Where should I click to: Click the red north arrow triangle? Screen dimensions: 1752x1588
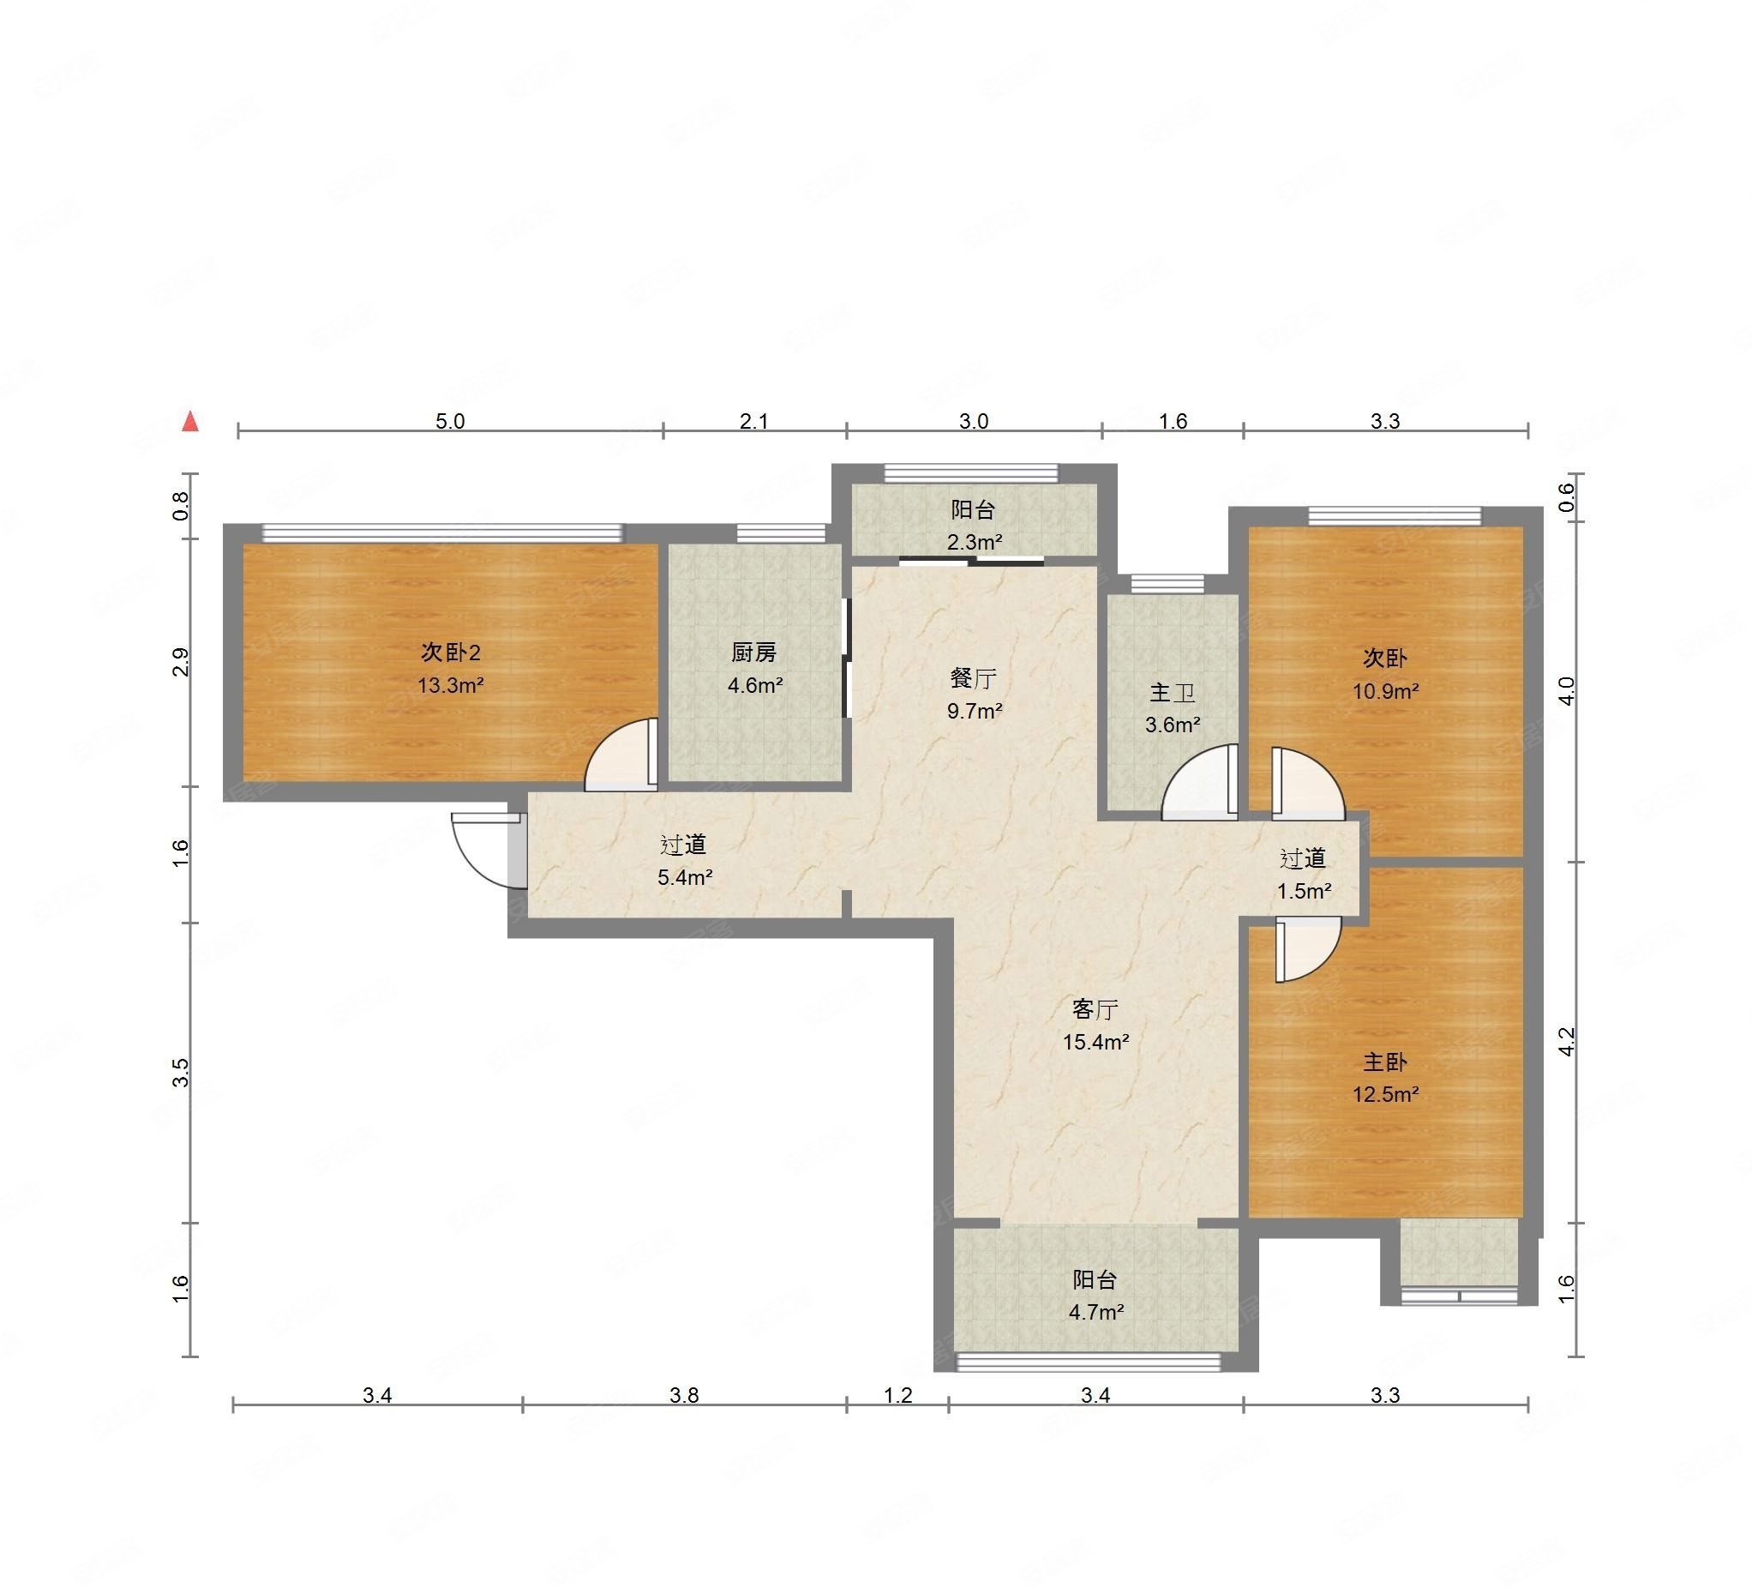coord(190,422)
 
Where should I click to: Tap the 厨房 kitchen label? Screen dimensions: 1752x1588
coord(753,653)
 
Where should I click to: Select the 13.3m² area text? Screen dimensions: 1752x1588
coord(450,685)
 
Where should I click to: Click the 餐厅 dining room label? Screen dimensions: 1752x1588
coord(974,678)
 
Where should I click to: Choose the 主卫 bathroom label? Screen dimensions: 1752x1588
coord(1173,693)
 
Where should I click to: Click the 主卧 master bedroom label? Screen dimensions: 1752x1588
coord(1384,1062)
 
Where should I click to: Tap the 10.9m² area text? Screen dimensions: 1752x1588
coord(1385,692)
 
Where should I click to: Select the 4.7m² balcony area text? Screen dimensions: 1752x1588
coord(1096,1312)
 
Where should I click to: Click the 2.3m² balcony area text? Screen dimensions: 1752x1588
coord(975,543)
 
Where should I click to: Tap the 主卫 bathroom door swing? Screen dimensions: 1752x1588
coord(1199,781)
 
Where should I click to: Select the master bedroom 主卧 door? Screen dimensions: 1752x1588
coord(1309,952)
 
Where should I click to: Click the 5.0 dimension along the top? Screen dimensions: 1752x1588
coord(450,422)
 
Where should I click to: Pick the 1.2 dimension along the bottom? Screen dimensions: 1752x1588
coord(898,1395)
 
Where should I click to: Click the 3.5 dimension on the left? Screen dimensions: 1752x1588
coord(181,1074)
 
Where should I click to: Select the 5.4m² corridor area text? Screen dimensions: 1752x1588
coord(685,877)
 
